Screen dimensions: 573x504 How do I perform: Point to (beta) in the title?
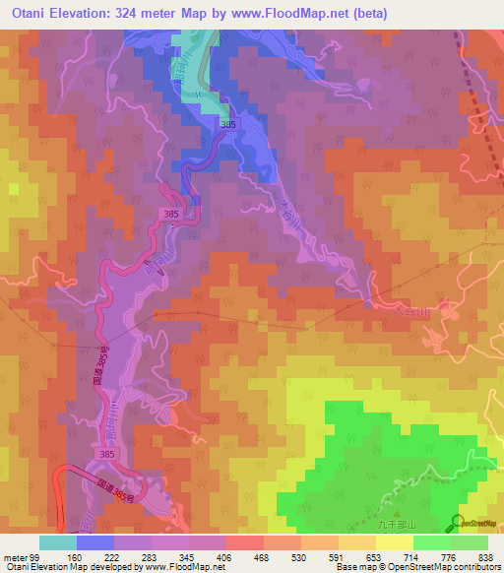tap(369, 14)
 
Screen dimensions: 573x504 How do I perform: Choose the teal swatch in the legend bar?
tap(58, 542)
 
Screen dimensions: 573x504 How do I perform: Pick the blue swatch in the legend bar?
tap(95, 542)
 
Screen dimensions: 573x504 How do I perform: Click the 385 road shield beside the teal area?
tap(228, 124)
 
